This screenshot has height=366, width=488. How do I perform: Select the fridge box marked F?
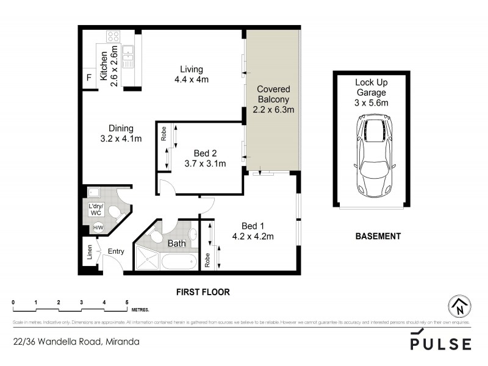(x=89, y=78)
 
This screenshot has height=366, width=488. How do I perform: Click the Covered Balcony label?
(x=273, y=99)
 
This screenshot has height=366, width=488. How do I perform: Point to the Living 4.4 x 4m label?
(x=192, y=74)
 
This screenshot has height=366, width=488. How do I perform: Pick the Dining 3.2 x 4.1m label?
(x=121, y=134)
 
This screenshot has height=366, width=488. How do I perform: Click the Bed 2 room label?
(x=205, y=158)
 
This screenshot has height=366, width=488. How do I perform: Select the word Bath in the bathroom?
(x=176, y=243)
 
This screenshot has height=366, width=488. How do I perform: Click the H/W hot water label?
(x=97, y=228)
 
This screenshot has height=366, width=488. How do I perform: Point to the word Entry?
(x=116, y=251)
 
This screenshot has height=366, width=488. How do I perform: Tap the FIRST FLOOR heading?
(x=203, y=292)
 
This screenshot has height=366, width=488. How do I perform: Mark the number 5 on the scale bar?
(x=127, y=303)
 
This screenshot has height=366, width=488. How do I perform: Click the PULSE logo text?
(x=440, y=343)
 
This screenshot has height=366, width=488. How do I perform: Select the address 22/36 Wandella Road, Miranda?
(x=76, y=342)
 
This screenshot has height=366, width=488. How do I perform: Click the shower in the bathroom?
(x=147, y=259)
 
